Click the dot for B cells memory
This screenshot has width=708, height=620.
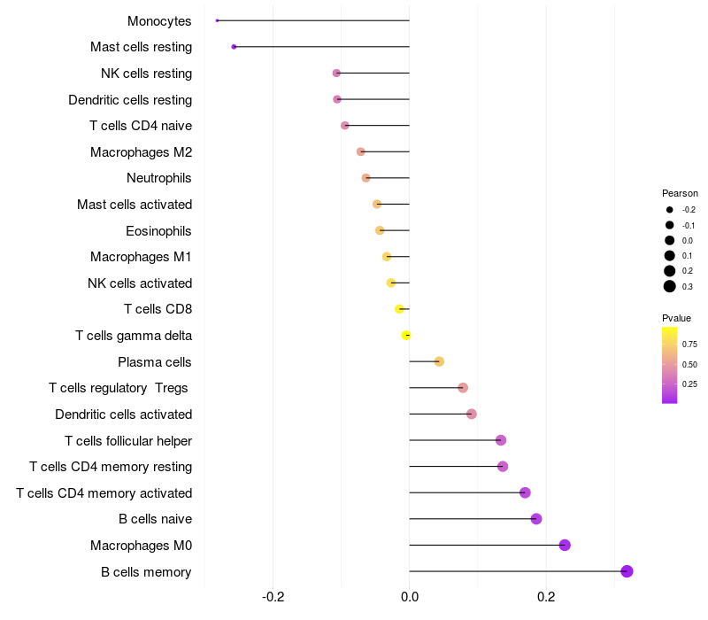(x=627, y=571)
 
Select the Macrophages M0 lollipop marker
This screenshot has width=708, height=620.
(x=565, y=545)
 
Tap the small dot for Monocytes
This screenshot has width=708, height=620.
(x=217, y=20)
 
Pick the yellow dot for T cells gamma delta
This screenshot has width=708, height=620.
(x=406, y=335)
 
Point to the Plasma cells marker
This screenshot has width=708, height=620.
(x=439, y=361)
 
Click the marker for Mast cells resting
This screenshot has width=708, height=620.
(x=234, y=46)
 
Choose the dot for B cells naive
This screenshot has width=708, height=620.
(x=536, y=519)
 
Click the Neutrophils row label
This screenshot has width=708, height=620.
(x=159, y=178)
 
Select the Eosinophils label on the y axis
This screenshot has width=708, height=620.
(x=159, y=231)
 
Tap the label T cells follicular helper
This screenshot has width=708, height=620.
(x=128, y=440)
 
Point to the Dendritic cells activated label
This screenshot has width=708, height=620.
(x=123, y=414)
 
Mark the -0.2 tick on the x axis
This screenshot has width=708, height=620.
(x=273, y=597)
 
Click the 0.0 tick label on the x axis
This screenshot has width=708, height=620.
(x=410, y=597)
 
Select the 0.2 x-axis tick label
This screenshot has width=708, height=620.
(x=546, y=597)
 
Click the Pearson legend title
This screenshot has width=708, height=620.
(x=680, y=193)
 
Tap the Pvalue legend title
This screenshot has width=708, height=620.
(x=676, y=318)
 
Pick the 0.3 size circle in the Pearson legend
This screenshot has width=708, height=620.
(x=670, y=286)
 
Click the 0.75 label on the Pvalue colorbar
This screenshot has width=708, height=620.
(x=689, y=345)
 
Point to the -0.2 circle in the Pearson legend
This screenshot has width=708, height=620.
(x=670, y=210)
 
